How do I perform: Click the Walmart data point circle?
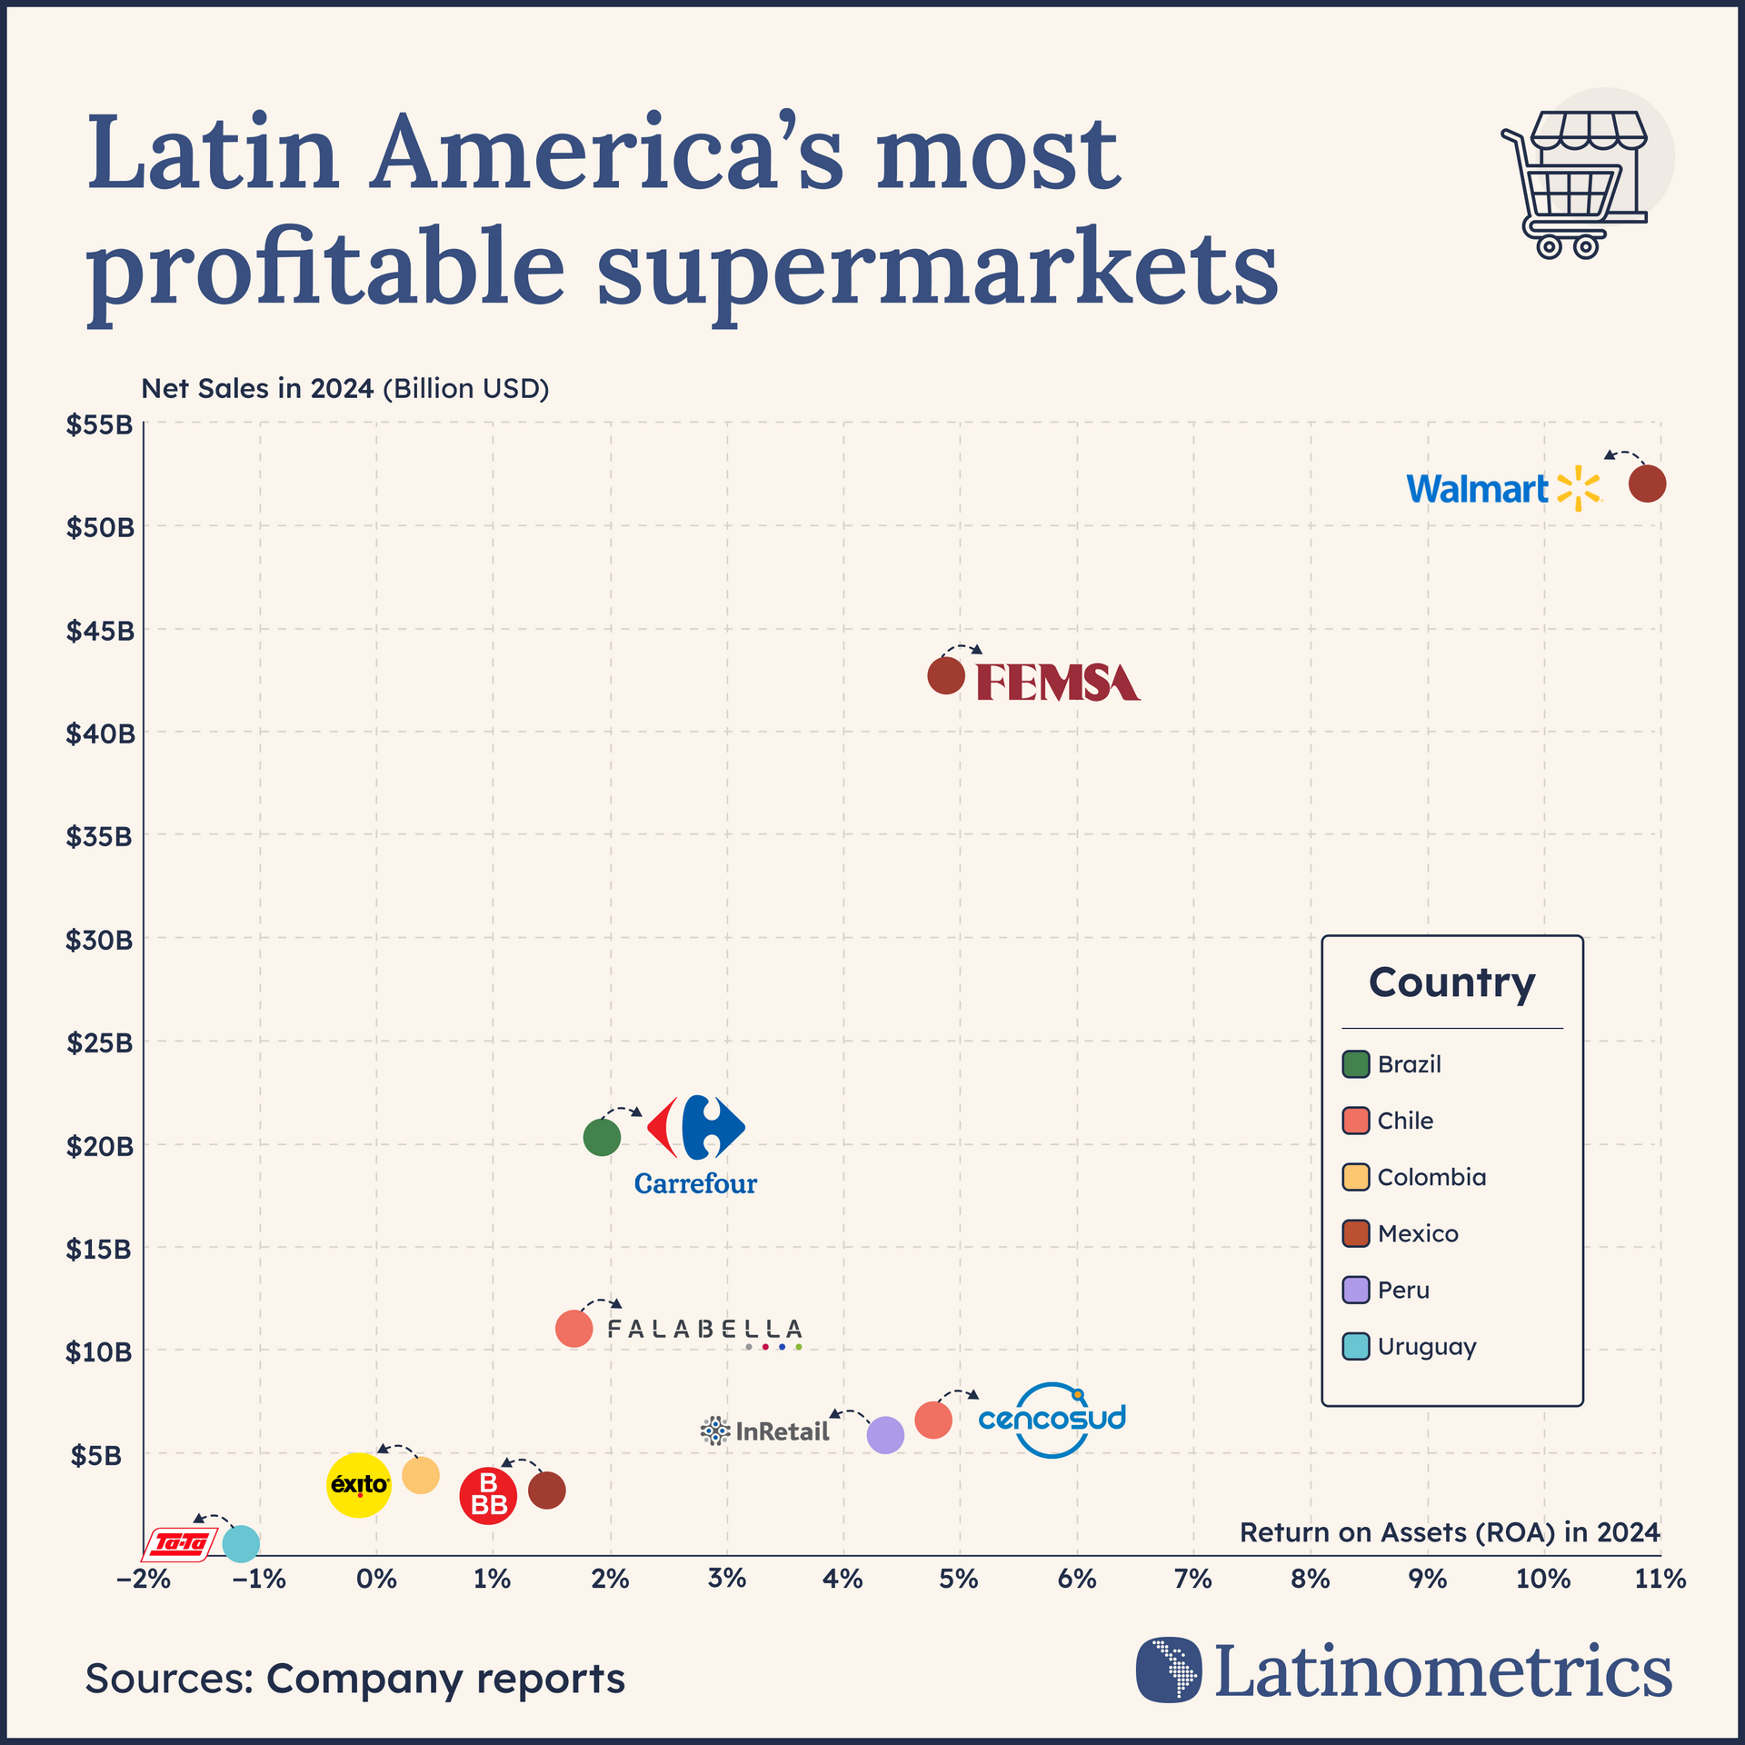[1647, 484]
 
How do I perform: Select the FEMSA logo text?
[1058, 683]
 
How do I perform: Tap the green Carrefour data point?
[602, 1136]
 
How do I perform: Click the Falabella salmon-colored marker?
[573, 1329]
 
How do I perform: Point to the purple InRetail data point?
[885, 1435]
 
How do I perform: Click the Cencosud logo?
[1052, 1419]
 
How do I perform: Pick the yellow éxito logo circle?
[359, 1484]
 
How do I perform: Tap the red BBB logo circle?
[488, 1495]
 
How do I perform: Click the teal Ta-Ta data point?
[241, 1542]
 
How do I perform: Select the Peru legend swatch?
[1355, 1290]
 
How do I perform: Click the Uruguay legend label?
[1426, 1346]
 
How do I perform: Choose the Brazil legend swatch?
[1355, 1063]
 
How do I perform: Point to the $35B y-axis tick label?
[99, 836]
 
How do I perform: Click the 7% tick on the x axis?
[1192, 1580]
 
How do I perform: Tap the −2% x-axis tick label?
[144, 1580]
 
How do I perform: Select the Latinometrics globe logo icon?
[1168, 1670]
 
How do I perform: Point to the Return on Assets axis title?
[1449, 1532]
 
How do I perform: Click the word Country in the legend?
[1451, 982]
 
